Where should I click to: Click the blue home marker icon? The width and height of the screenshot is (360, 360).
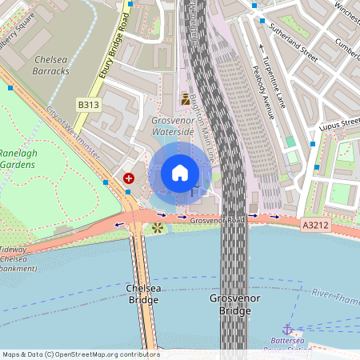tap(180, 172)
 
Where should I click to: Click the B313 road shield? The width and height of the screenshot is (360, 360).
tap(88, 105)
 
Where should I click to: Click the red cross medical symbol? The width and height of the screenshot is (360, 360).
tap(129, 178)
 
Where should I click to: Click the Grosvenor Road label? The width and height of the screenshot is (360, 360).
tap(217, 219)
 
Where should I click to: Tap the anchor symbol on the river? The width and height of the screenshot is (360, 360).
tap(286, 329)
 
